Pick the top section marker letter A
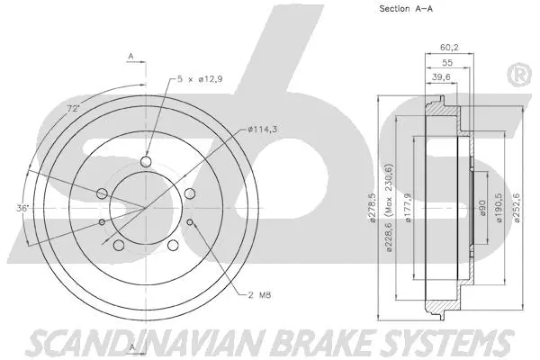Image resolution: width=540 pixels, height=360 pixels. (130, 57)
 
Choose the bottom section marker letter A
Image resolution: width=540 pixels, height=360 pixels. (130, 346)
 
